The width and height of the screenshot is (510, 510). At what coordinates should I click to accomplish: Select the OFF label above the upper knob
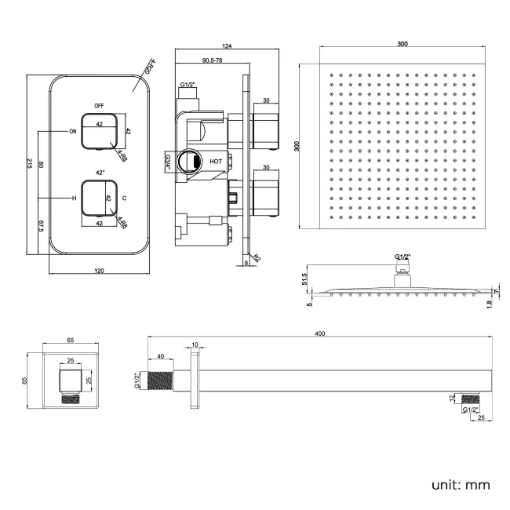pos(100,105)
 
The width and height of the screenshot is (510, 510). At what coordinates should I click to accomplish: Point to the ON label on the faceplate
pos(74,131)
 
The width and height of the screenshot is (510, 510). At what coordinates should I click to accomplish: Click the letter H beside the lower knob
pos(75,199)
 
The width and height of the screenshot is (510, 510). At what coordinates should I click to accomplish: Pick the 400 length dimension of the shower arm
pos(320,334)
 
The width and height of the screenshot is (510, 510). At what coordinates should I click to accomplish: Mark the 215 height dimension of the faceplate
pos(29,163)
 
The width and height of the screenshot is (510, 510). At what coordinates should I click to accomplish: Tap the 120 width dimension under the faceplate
pos(100,271)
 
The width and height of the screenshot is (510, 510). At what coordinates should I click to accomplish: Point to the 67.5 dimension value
pos(41,227)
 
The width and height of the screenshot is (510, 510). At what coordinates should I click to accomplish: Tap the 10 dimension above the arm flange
pos(194,344)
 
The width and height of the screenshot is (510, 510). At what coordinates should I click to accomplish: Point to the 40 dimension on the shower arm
pos(161,357)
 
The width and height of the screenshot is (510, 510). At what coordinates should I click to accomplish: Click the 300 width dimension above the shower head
pos(402,45)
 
